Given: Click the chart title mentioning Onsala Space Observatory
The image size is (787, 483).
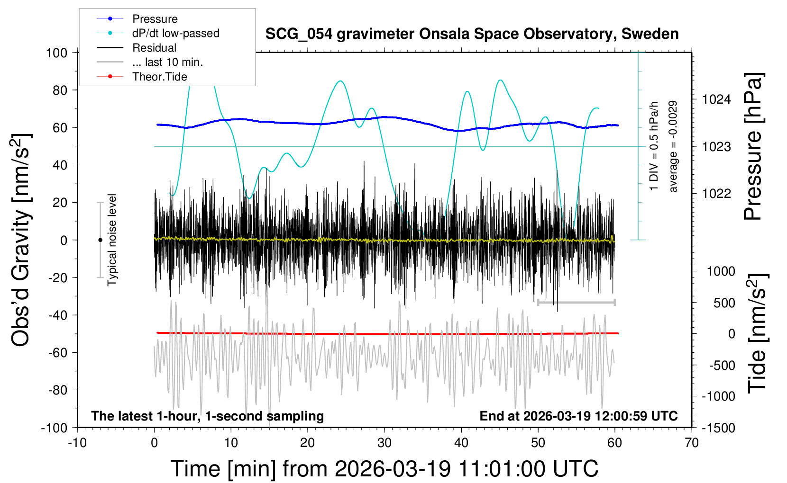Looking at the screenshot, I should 472,34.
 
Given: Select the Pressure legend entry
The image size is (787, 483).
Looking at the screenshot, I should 155,19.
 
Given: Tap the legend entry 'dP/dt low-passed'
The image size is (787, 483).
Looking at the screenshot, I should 175,33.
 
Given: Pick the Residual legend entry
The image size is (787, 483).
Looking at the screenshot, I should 154,48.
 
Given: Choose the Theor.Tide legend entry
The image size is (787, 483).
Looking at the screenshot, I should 160,77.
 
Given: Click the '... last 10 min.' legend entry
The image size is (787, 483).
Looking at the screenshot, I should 167,62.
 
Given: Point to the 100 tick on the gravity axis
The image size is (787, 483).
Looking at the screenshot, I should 56,53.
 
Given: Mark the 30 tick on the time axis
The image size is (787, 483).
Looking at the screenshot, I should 384,443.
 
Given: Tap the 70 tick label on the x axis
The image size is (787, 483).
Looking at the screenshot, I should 692,443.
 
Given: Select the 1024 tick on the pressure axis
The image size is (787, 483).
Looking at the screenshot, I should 716,99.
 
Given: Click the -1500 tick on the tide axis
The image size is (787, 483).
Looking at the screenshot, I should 718,428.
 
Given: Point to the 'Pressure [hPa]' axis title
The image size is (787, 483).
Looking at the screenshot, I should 753,146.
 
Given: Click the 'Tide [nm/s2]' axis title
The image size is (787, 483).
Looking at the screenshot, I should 757,333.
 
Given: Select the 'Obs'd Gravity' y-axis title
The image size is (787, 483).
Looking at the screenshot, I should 21,240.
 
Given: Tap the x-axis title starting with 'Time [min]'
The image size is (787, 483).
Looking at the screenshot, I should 384,469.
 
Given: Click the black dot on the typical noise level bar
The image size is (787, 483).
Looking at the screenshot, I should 100,240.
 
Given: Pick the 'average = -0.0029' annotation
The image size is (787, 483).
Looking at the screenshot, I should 673,146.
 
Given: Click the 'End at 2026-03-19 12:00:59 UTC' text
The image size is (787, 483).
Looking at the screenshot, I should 578,416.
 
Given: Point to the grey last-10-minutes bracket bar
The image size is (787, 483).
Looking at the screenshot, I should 576,302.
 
